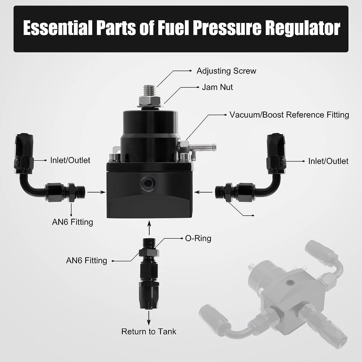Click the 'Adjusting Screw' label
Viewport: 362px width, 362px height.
pyautogui.click(x=226, y=71)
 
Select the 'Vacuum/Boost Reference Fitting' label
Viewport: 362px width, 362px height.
pyautogui.click(x=289, y=115)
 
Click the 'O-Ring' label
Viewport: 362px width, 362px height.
pyautogui.click(x=198, y=238)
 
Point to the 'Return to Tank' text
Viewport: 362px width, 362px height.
pyautogui.click(x=149, y=332)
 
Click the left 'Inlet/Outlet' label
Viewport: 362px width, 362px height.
pyautogui.click(x=70, y=160)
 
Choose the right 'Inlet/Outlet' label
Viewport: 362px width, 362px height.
pyautogui.click(x=328, y=161)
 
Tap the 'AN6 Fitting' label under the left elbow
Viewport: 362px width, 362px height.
pyautogui.click(x=72, y=222)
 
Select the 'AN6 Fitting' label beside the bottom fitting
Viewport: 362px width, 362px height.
pyautogui.click(x=86, y=260)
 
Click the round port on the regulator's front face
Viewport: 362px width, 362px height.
pyautogui.click(x=148, y=183)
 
